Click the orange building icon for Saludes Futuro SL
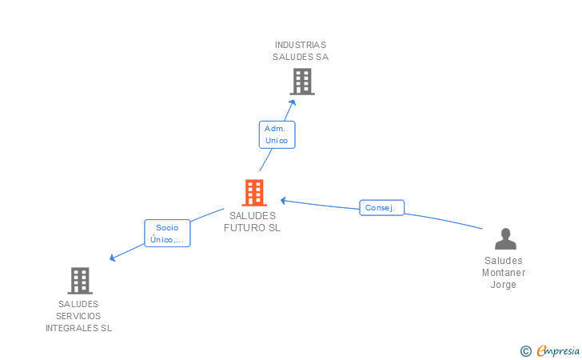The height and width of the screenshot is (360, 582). tap(254, 193)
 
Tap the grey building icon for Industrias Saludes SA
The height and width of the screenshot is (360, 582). tap(302, 82)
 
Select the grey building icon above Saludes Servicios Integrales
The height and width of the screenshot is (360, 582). tap(80, 281)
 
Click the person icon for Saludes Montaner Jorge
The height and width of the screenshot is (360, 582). tap(505, 238)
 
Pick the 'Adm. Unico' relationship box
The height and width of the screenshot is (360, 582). tap(277, 134)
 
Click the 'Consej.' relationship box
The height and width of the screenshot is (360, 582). tap(381, 208)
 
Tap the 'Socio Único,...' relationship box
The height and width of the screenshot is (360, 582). tap(167, 234)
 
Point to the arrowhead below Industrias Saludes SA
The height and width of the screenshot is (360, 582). tap(293, 103)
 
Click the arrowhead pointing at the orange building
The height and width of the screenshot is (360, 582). tap(284, 201)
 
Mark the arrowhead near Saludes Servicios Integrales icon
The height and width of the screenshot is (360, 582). tap(113, 258)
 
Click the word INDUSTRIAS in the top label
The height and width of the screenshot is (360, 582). tap(301, 45)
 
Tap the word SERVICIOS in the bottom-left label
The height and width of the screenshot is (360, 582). tap(78, 316)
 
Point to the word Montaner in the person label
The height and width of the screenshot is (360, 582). tap(504, 273)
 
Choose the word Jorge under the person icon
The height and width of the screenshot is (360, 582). tap(504, 285)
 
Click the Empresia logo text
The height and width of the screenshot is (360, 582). tap(558, 350)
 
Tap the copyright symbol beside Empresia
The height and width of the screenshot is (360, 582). tap(525, 351)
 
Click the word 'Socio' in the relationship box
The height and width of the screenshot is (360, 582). tap(167, 228)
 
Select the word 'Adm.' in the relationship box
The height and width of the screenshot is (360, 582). tap(275, 129)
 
